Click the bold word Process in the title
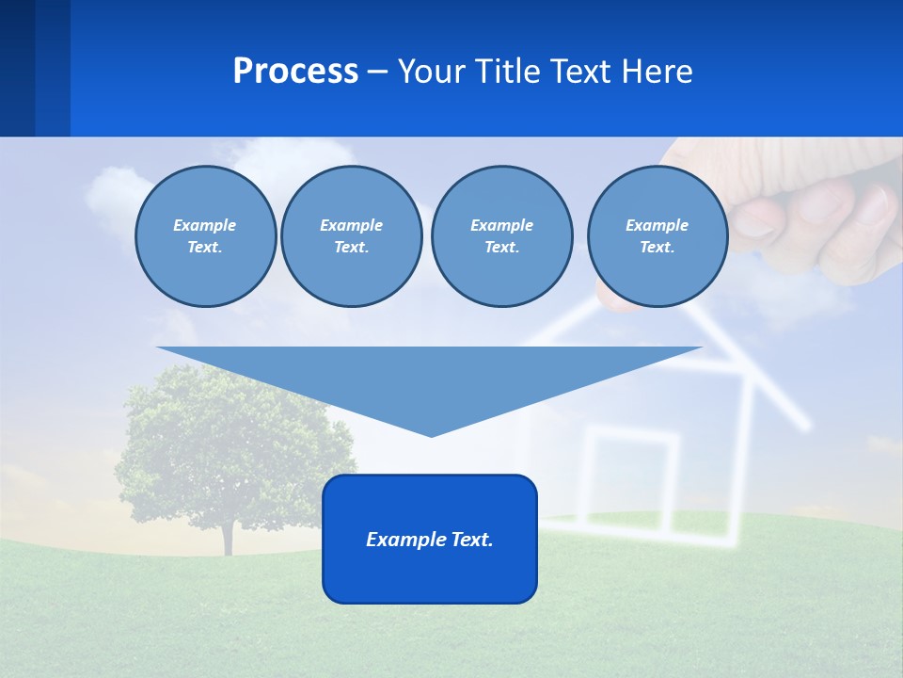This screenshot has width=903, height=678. coord(295,72)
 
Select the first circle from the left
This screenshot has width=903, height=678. coord(205,236)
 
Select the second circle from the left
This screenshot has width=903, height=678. coord(352,236)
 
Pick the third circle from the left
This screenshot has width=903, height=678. coord(501,236)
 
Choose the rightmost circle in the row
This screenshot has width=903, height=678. coord(657,236)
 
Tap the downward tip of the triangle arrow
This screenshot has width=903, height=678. coord(431,433)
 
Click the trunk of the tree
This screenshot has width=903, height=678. coord(227,537)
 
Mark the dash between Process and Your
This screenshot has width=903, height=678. coord(378,73)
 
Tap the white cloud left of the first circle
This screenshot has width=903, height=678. coord(111,193)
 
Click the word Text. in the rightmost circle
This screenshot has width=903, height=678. coord(657,248)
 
